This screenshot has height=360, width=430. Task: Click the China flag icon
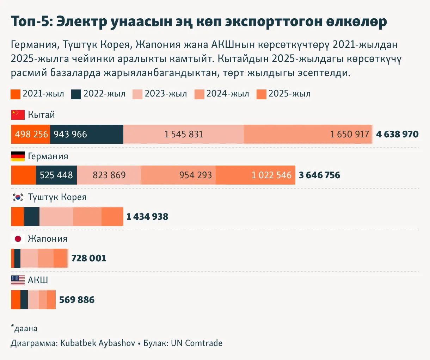[18, 115]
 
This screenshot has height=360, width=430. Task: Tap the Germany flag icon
[18, 156]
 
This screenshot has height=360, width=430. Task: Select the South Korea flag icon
[18, 197]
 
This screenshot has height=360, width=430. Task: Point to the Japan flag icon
[18, 239]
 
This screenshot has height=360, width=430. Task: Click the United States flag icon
[18, 280]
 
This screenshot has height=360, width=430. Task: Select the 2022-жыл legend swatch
[76, 94]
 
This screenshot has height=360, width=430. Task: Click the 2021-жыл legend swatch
[16, 94]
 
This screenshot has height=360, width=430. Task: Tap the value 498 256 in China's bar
[31, 134]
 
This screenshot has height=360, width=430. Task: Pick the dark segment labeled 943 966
[87, 134]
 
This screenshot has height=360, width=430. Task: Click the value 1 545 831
[184, 134]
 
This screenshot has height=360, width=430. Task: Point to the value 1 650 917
[349, 134]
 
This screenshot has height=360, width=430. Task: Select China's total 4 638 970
[397, 134]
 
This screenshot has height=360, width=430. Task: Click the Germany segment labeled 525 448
[56, 175]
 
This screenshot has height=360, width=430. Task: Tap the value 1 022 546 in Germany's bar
[271, 175]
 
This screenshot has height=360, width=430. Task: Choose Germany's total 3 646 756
[319, 175]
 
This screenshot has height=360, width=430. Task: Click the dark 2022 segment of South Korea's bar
[32, 217]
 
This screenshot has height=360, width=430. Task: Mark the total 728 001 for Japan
[89, 258]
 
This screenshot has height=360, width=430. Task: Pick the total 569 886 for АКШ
[77, 300]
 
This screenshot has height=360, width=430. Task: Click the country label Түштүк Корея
[57, 197]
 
